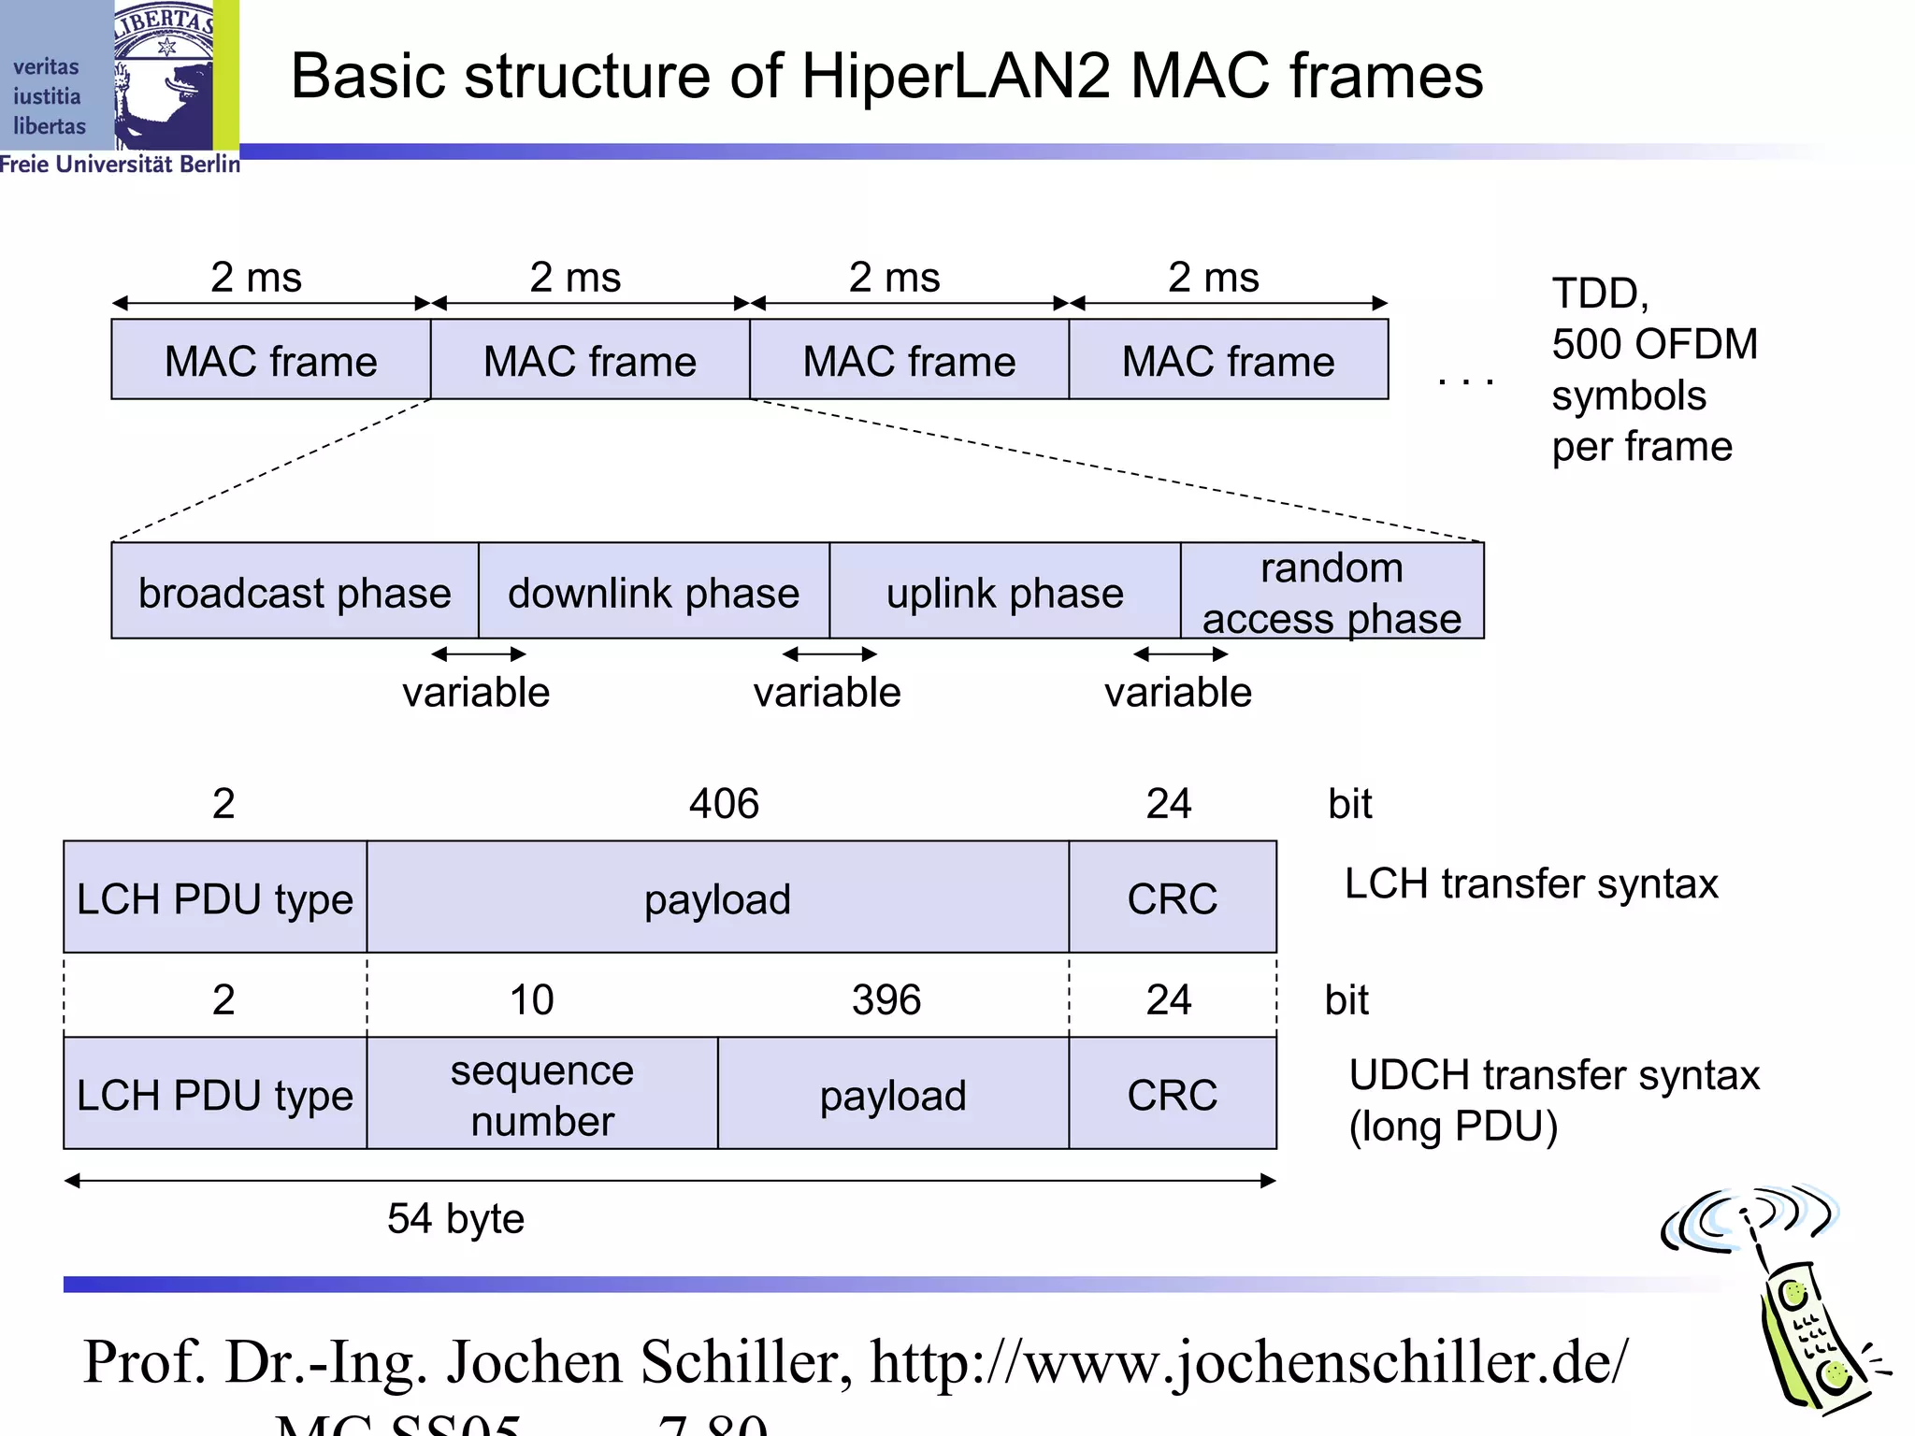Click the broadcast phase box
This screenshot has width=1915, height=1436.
tap(295, 592)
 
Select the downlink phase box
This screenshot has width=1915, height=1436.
tap(654, 592)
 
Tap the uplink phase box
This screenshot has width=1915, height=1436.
tap(1004, 592)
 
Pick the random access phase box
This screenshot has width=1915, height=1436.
tap(1332, 592)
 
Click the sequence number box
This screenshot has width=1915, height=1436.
tap(542, 1094)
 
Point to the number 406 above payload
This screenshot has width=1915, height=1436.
tap(724, 804)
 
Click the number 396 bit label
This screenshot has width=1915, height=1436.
tap(886, 1000)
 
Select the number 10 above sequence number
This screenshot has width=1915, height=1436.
tap(531, 1000)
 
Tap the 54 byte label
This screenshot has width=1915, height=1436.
tap(455, 1219)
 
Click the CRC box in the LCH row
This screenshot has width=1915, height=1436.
tap(1172, 898)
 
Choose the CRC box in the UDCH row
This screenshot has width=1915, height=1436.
tap(1172, 1095)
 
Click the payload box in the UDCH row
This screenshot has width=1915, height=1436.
tap(893, 1095)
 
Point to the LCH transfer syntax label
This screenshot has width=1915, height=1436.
tap(1531, 883)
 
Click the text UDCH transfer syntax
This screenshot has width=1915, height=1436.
tap(1553, 1075)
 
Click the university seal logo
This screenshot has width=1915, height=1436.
tap(164, 75)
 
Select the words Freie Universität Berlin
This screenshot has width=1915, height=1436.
tap(120, 165)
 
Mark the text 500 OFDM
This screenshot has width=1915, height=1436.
tap(1654, 344)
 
